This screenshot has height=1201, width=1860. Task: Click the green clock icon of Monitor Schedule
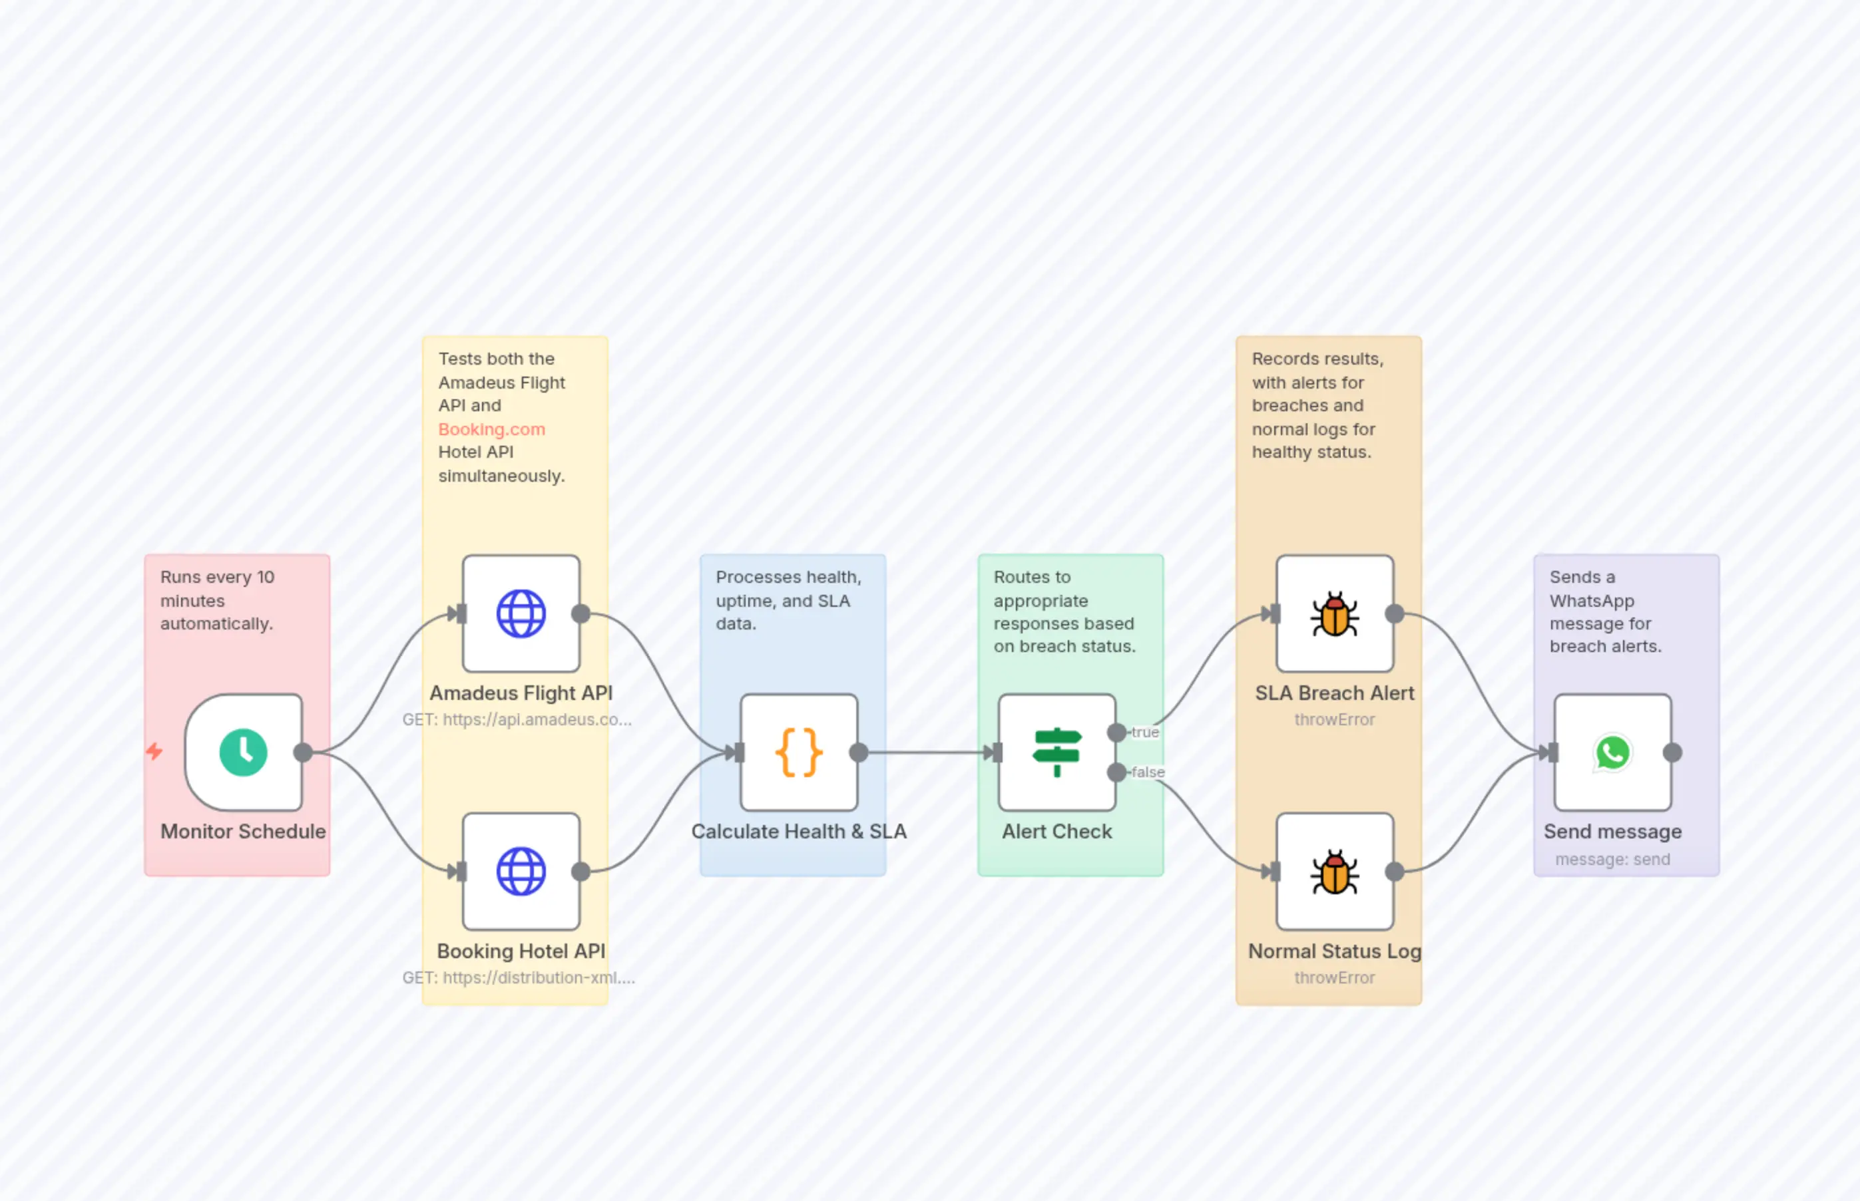click(x=244, y=752)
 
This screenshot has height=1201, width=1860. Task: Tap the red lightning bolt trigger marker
click(x=154, y=751)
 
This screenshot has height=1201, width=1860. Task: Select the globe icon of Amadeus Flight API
click(x=521, y=613)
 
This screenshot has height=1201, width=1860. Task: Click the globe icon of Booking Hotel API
click(x=521, y=871)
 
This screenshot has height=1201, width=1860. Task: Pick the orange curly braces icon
click(x=799, y=752)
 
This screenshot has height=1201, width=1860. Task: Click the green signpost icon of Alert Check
click(x=1056, y=752)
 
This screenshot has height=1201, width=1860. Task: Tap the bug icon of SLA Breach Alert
click(x=1334, y=613)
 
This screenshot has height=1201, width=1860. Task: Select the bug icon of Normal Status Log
click(x=1334, y=871)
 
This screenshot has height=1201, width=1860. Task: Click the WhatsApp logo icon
click(x=1612, y=752)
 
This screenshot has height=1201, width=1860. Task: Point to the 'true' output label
click(x=1145, y=733)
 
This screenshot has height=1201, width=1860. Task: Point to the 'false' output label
click(x=1148, y=772)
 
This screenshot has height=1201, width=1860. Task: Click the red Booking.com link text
click(x=491, y=429)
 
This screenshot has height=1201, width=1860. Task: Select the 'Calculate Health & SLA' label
click(x=799, y=831)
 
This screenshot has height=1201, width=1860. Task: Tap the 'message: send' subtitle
click(x=1612, y=860)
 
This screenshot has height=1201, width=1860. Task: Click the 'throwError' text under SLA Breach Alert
click(x=1334, y=720)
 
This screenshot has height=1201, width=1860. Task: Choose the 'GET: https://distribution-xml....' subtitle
click(x=519, y=977)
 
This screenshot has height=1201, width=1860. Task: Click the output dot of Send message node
click(x=1672, y=752)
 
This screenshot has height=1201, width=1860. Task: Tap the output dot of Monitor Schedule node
click(x=304, y=752)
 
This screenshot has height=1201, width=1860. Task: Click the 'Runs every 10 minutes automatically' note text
click(x=217, y=600)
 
